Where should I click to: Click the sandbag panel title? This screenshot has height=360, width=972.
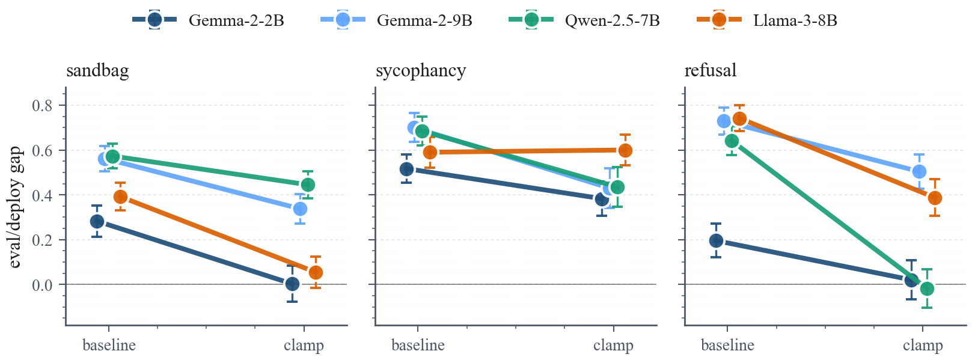click(x=97, y=71)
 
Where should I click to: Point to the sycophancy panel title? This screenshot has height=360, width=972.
click(x=421, y=71)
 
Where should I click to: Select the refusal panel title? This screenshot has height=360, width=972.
click(x=711, y=71)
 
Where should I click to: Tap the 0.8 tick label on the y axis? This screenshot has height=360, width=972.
click(x=42, y=106)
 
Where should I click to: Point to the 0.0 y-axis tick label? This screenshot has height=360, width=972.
click(x=42, y=285)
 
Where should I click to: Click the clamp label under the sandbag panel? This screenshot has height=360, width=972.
click(x=304, y=346)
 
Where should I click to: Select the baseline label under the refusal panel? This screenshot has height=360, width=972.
click(x=727, y=346)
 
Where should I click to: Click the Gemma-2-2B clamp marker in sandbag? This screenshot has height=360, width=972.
click(x=292, y=284)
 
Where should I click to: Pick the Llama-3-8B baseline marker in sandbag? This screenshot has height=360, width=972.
click(x=120, y=197)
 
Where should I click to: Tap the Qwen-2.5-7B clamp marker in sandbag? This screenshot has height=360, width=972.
click(x=308, y=185)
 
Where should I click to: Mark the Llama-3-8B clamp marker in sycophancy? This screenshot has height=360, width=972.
click(x=625, y=150)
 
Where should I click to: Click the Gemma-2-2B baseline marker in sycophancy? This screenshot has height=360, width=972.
click(x=406, y=169)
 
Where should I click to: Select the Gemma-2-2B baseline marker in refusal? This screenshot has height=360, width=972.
click(x=716, y=240)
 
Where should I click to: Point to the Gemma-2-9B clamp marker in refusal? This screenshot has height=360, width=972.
click(x=919, y=171)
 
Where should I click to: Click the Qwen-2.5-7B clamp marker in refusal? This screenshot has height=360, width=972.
click(x=927, y=288)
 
